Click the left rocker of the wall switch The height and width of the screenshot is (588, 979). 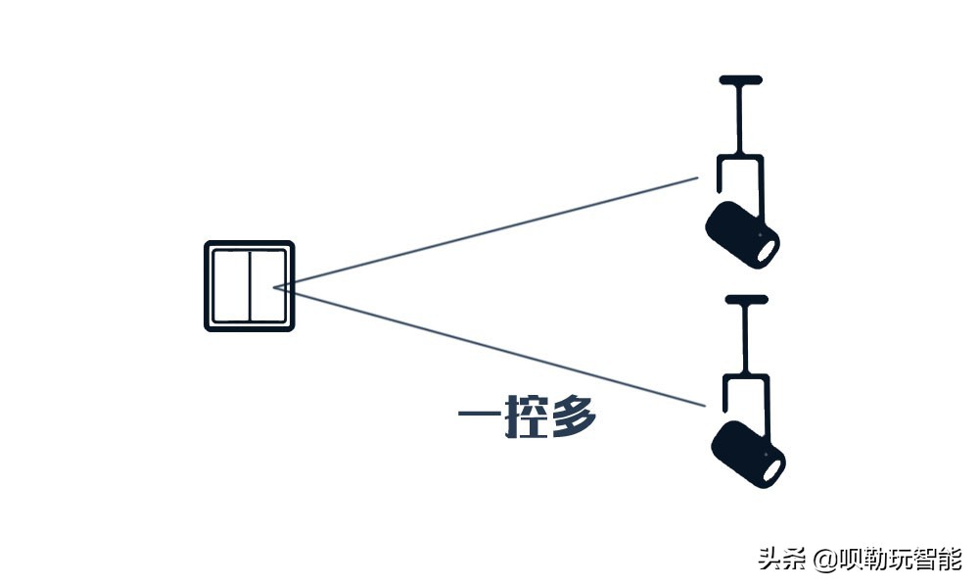tap(230, 286)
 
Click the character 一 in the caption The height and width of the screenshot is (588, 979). tap(480, 419)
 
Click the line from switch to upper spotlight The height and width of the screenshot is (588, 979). tap(489, 232)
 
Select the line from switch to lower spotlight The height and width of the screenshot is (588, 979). tap(489, 345)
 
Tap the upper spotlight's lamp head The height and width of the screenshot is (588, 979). tap(741, 233)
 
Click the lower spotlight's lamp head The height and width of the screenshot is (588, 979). tap(747, 455)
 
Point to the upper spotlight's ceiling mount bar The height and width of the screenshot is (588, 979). tap(740, 79)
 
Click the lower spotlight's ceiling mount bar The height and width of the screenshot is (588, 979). tap(746, 299)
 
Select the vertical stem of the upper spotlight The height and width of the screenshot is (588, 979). tap(740, 118)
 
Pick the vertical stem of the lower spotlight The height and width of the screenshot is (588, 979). tap(746, 338)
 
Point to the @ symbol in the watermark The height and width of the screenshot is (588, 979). tap(822, 561)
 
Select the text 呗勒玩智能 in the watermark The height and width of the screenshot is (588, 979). tap(900, 560)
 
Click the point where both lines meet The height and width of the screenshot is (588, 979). tap(276, 287)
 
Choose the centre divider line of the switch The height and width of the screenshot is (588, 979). tap(250, 286)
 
